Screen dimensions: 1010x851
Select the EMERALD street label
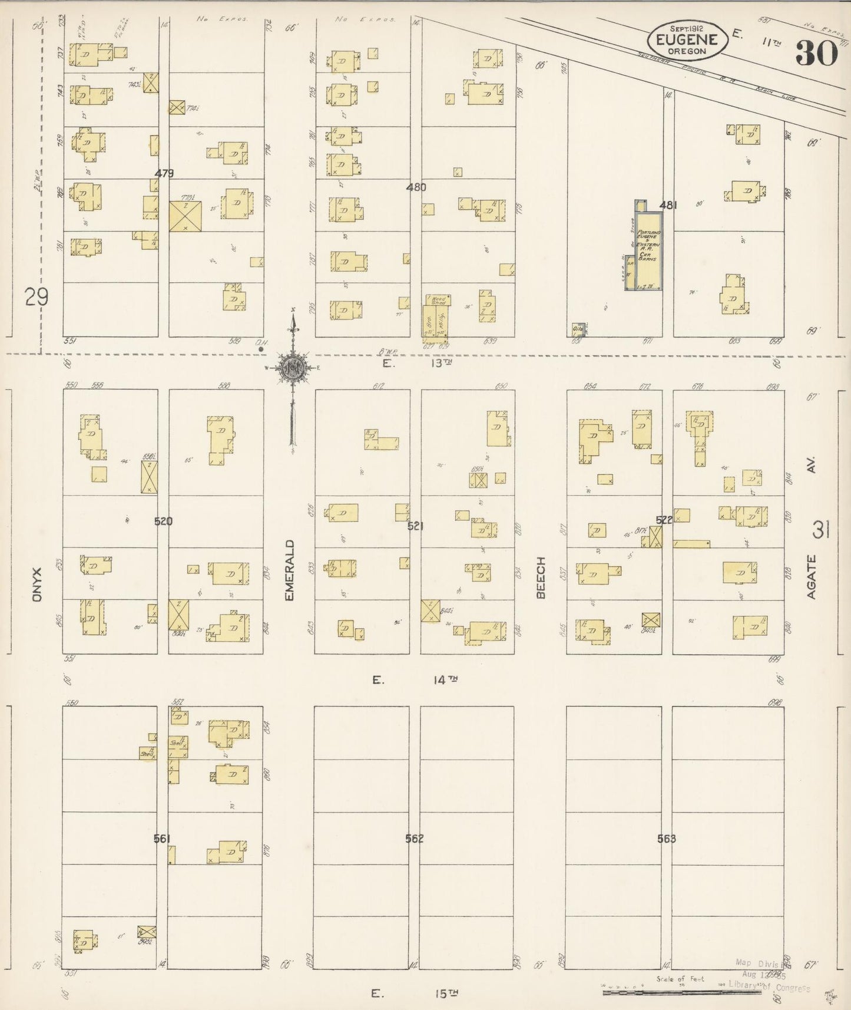coord(289,570)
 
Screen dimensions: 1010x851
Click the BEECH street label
coord(541,577)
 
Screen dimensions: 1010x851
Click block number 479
coord(164,174)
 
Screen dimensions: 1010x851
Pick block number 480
coord(416,187)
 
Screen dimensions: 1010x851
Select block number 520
coord(163,521)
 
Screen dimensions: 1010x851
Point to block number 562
coord(415,838)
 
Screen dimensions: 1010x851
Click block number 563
coord(667,838)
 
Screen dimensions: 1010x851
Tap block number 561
coord(162,838)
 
